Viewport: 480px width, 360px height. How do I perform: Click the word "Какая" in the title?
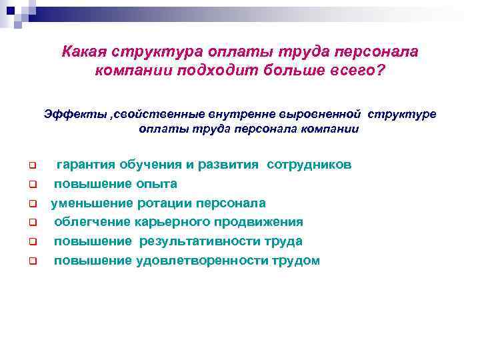point(85,52)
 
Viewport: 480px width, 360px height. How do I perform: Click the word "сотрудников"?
point(309,165)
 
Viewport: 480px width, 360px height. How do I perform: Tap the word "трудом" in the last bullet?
point(295,261)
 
